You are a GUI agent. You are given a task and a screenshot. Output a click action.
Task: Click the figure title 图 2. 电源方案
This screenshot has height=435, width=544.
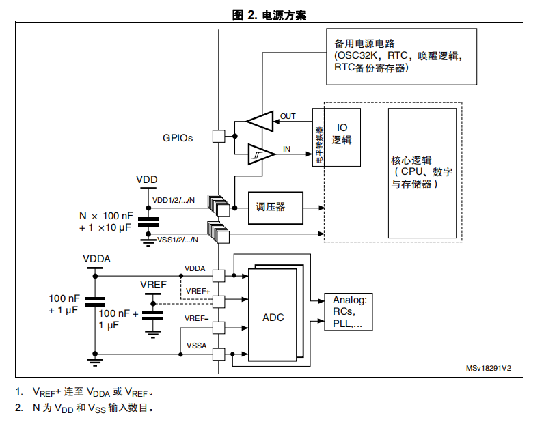click(x=269, y=15)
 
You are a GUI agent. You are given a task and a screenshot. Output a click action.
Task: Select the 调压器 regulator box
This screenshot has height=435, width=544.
click(x=275, y=208)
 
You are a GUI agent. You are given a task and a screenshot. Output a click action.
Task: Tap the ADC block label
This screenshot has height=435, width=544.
click(x=273, y=317)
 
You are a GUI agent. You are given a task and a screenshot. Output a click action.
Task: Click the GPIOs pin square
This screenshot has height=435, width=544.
click(x=219, y=136)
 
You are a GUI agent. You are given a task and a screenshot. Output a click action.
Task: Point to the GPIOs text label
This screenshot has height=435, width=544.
click(x=178, y=138)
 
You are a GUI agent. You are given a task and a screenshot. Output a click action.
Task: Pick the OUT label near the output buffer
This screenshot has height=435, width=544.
click(x=288, y=116)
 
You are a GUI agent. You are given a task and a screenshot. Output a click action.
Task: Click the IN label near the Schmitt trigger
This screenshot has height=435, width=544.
click(x=286, y=149)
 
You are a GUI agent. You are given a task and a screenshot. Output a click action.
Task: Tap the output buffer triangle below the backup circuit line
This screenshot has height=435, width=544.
click(x=260, y=122)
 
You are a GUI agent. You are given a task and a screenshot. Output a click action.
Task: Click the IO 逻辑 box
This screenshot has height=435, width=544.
click(x=342, y=137)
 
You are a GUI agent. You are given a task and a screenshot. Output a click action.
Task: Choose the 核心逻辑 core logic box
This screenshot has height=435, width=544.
click(x=422, y=173)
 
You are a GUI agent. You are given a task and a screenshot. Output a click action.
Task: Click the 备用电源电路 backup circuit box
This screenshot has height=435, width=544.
click(x=401, y=57)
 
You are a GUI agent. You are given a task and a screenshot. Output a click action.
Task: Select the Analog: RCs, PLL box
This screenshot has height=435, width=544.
click(x=349, y=311)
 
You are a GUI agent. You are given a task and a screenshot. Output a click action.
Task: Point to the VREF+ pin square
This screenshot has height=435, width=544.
click(x=219, y=302)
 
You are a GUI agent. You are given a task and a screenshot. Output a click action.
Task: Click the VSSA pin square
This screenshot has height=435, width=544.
click(x=219, y=354)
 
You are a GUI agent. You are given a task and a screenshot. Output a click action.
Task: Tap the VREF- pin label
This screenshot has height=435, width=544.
click(x=196, y=318)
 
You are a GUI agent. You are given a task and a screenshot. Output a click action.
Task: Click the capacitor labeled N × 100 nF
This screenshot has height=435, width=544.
click(x=148, y=222)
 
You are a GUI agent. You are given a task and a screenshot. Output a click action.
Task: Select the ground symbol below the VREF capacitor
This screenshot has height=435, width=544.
click(x=152, y=335)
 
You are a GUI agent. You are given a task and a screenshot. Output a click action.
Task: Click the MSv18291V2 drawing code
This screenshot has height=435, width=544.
click(x=489, y=368)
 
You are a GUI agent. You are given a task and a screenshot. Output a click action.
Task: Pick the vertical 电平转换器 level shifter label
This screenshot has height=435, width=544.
click(x=319, y=145)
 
